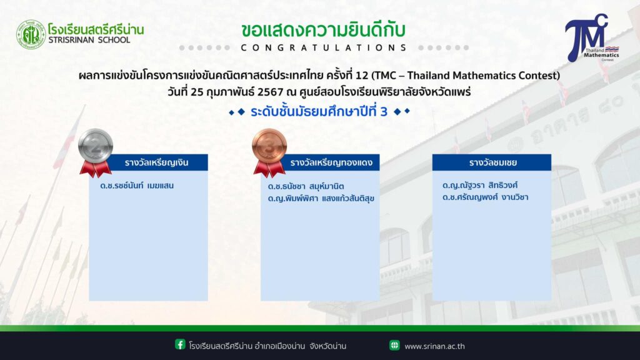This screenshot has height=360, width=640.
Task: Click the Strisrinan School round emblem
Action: click(31, 35)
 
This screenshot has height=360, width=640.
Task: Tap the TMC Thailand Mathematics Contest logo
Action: click(592, 37)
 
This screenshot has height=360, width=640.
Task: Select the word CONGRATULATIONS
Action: click(324, 47)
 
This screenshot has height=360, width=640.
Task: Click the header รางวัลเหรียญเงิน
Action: click(157, 162)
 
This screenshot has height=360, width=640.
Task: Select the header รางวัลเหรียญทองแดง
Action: click(331, 162)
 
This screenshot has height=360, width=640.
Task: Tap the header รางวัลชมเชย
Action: click(493, 162)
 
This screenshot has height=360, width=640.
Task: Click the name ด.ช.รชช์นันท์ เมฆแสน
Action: click(137, 186)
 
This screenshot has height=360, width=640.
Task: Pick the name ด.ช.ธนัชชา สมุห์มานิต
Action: click(306, 186)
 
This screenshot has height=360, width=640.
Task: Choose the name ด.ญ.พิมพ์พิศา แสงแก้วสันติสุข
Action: click(321, 198)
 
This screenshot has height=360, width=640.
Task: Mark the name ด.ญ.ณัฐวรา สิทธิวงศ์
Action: click(480, 185)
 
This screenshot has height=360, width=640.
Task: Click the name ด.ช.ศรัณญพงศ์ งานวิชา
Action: click(485, 197)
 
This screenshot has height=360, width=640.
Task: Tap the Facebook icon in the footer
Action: click(180, 344)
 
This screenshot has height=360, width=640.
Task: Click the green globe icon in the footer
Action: click(394, 345)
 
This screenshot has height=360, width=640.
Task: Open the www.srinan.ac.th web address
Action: click(435, 346)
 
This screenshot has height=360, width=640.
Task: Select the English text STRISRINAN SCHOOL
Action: click(89, 40)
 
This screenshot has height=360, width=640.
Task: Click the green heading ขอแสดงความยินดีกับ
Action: click(323, 30)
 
